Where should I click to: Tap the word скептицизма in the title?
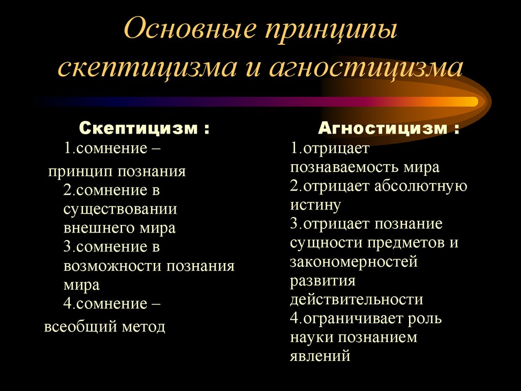point(147,69)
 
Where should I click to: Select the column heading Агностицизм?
point(384,128)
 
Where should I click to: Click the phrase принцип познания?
point(117,171)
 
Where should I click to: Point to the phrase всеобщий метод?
point(105,327)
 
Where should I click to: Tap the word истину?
point(315,205)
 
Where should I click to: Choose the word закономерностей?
point(354,262)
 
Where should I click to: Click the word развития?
point(323,280)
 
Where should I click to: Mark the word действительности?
point(357,299)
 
